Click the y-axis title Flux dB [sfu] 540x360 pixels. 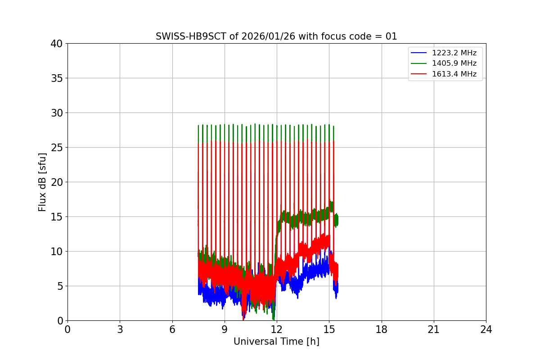[x=42, y=182]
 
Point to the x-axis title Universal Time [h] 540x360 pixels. [x=276, y=342]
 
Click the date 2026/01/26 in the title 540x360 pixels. [x=266, y=36]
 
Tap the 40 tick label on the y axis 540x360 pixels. [x=56, y=44]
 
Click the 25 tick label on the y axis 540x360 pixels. [x=56, y=148]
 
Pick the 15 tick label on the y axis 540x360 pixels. [x=56, y=217]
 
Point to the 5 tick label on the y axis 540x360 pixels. [x=59, y=286]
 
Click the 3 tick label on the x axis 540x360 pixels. [x=120, y=329]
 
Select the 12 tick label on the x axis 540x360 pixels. [x=277, y=329]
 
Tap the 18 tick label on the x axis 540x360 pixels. [x=382, y=329]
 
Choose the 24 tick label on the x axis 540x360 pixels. [x=486, y=329]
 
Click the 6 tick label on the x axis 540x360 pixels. [x=172, y=329]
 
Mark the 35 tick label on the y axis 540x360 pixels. [x=56, y=78]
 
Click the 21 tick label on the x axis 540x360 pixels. [x=434, y=329]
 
